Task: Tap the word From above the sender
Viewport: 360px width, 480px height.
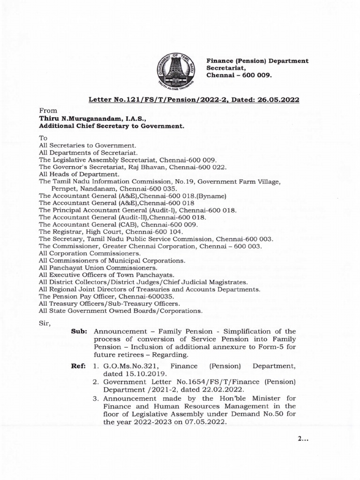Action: [x=48, y=111]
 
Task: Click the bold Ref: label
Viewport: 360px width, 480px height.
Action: [x=78, y=364]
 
